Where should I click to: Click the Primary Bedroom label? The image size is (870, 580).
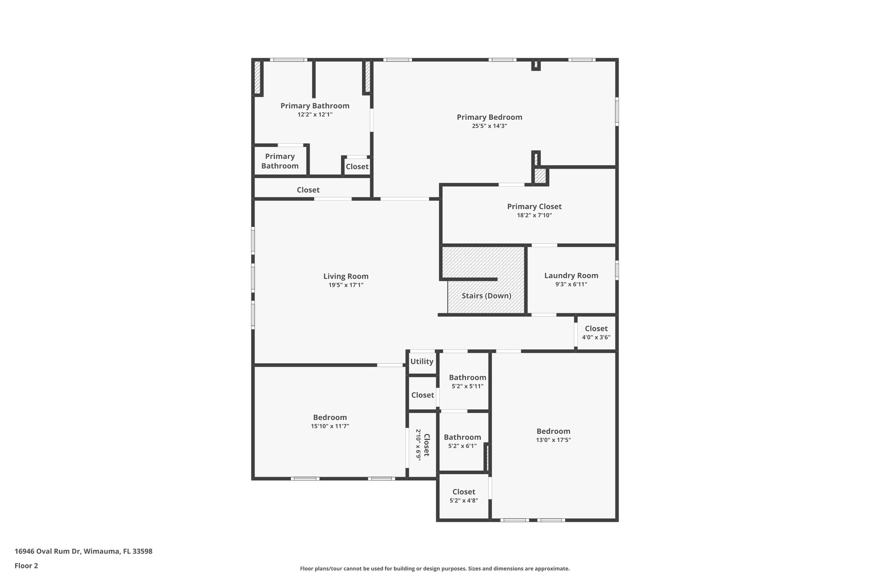coord(489,117)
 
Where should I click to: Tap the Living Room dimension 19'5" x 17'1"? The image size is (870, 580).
coord(346,285)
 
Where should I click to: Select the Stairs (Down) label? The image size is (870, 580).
coord(486,296)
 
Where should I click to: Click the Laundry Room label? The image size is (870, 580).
coord(571,276)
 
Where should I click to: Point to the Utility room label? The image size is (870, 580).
coord(422,362)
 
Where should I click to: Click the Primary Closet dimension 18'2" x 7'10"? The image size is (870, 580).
coord(534,215)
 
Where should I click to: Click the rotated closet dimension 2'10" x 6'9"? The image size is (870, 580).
coord(418,444)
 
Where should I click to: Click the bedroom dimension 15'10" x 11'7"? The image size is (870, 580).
coord(330,426)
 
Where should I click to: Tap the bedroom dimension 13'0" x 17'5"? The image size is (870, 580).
coord(553,440)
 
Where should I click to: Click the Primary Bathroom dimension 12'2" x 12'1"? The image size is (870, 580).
coord(315,115)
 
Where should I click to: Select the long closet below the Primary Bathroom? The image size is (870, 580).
coord(308,190)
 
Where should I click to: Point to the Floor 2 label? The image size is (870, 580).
coord(26,566)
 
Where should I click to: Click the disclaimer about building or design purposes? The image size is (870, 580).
coord(435,569)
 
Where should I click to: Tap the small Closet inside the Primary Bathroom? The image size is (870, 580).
coord(357,167)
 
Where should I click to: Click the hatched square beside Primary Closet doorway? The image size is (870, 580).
coord(540,176)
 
